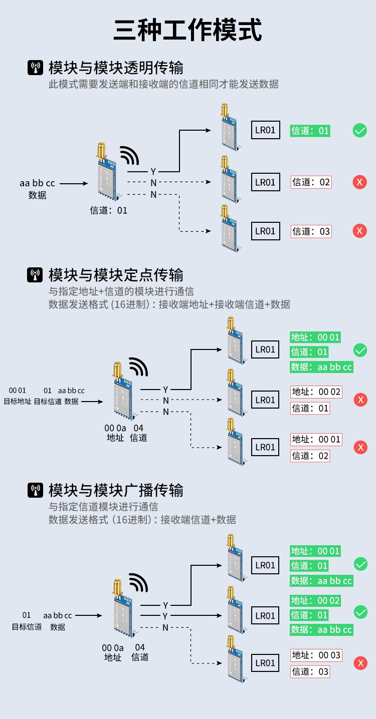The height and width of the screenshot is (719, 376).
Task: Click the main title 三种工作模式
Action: (x=188, y=30)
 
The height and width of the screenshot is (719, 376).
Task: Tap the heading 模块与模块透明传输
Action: (x=116, y=68)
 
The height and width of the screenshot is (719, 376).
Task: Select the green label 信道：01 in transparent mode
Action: (x=310, y=131)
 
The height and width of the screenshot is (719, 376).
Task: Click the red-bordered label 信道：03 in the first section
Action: (x=311, y=231)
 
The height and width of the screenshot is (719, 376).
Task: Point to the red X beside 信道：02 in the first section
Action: (x=359, y=182)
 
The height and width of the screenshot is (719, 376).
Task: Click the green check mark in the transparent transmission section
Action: (x=359, y=131)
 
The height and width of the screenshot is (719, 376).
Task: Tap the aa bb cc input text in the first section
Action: (x=37, y=183)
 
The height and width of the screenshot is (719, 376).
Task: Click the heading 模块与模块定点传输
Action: (x=116, y=274)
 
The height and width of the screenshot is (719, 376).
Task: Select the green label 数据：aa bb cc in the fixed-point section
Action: (x=321, y=367)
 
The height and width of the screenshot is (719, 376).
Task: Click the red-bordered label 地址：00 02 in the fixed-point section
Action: (x=316, y=392)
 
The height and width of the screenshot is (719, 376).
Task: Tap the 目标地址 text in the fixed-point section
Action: (x=18, y=401)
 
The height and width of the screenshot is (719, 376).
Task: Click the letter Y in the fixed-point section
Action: (x=165, y=390)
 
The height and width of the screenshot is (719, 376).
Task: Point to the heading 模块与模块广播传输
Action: (x=116, y=490)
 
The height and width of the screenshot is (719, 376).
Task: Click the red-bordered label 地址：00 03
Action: (x=316, y=655)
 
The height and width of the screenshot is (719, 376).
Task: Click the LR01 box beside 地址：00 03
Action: (x=265, y=663)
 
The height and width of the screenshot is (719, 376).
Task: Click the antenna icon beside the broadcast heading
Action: (x=35, y=490)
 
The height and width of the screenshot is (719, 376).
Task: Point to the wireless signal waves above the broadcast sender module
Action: (x=138, y=583)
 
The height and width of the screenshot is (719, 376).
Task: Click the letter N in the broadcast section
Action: (x=165, y=627)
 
